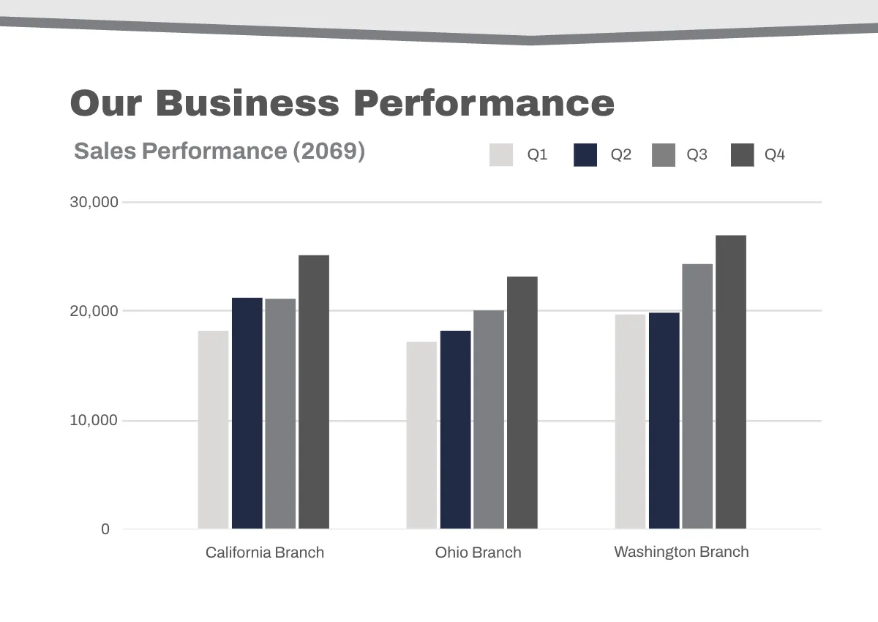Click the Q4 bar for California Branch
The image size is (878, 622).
pyautogui.click(x=314, y=391)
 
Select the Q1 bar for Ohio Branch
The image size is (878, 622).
pyautogui.click(x=421, y=435)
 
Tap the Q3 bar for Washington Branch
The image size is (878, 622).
pyautogui.click(x=697, y=396)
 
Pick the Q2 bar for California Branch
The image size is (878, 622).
pyautogui.click(x=247, y=413)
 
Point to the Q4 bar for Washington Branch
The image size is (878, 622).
pyautogui.click(x=731, y=381)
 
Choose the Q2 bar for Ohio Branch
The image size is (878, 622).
pyautogui.click(x=455, y=430)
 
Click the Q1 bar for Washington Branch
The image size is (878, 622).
pyautogui.click(x=630, y=421)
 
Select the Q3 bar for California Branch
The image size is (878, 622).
pyautogui.click(x=280, y=413)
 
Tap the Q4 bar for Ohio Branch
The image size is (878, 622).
pyautogui.click(x=522, y=402)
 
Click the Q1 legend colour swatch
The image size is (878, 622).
pyautogui.click(x=501, y=155)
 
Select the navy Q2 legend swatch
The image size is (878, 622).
pyautogui.click(x=585, y=155)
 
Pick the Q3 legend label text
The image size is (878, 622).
pyautogui.click(x=697, y=155)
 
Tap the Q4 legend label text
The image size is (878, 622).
pyautogui.click(x=775, y=155)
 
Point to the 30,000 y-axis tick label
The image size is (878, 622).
pyautogui.click(x=94, y=202)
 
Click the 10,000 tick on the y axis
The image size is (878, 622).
pyautogui.click(x=94, y=421)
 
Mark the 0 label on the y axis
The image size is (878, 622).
pyautogui.click(x=105, y=529)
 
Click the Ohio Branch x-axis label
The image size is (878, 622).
pyautogui.click(x=478, y=552)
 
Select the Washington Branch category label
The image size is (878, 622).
pyautogui.click(x=681, y=552)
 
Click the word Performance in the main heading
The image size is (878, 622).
pyautogui.click(x=484, y=102)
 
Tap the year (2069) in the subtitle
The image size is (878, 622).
pyautogui.click(x=329, y=151)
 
